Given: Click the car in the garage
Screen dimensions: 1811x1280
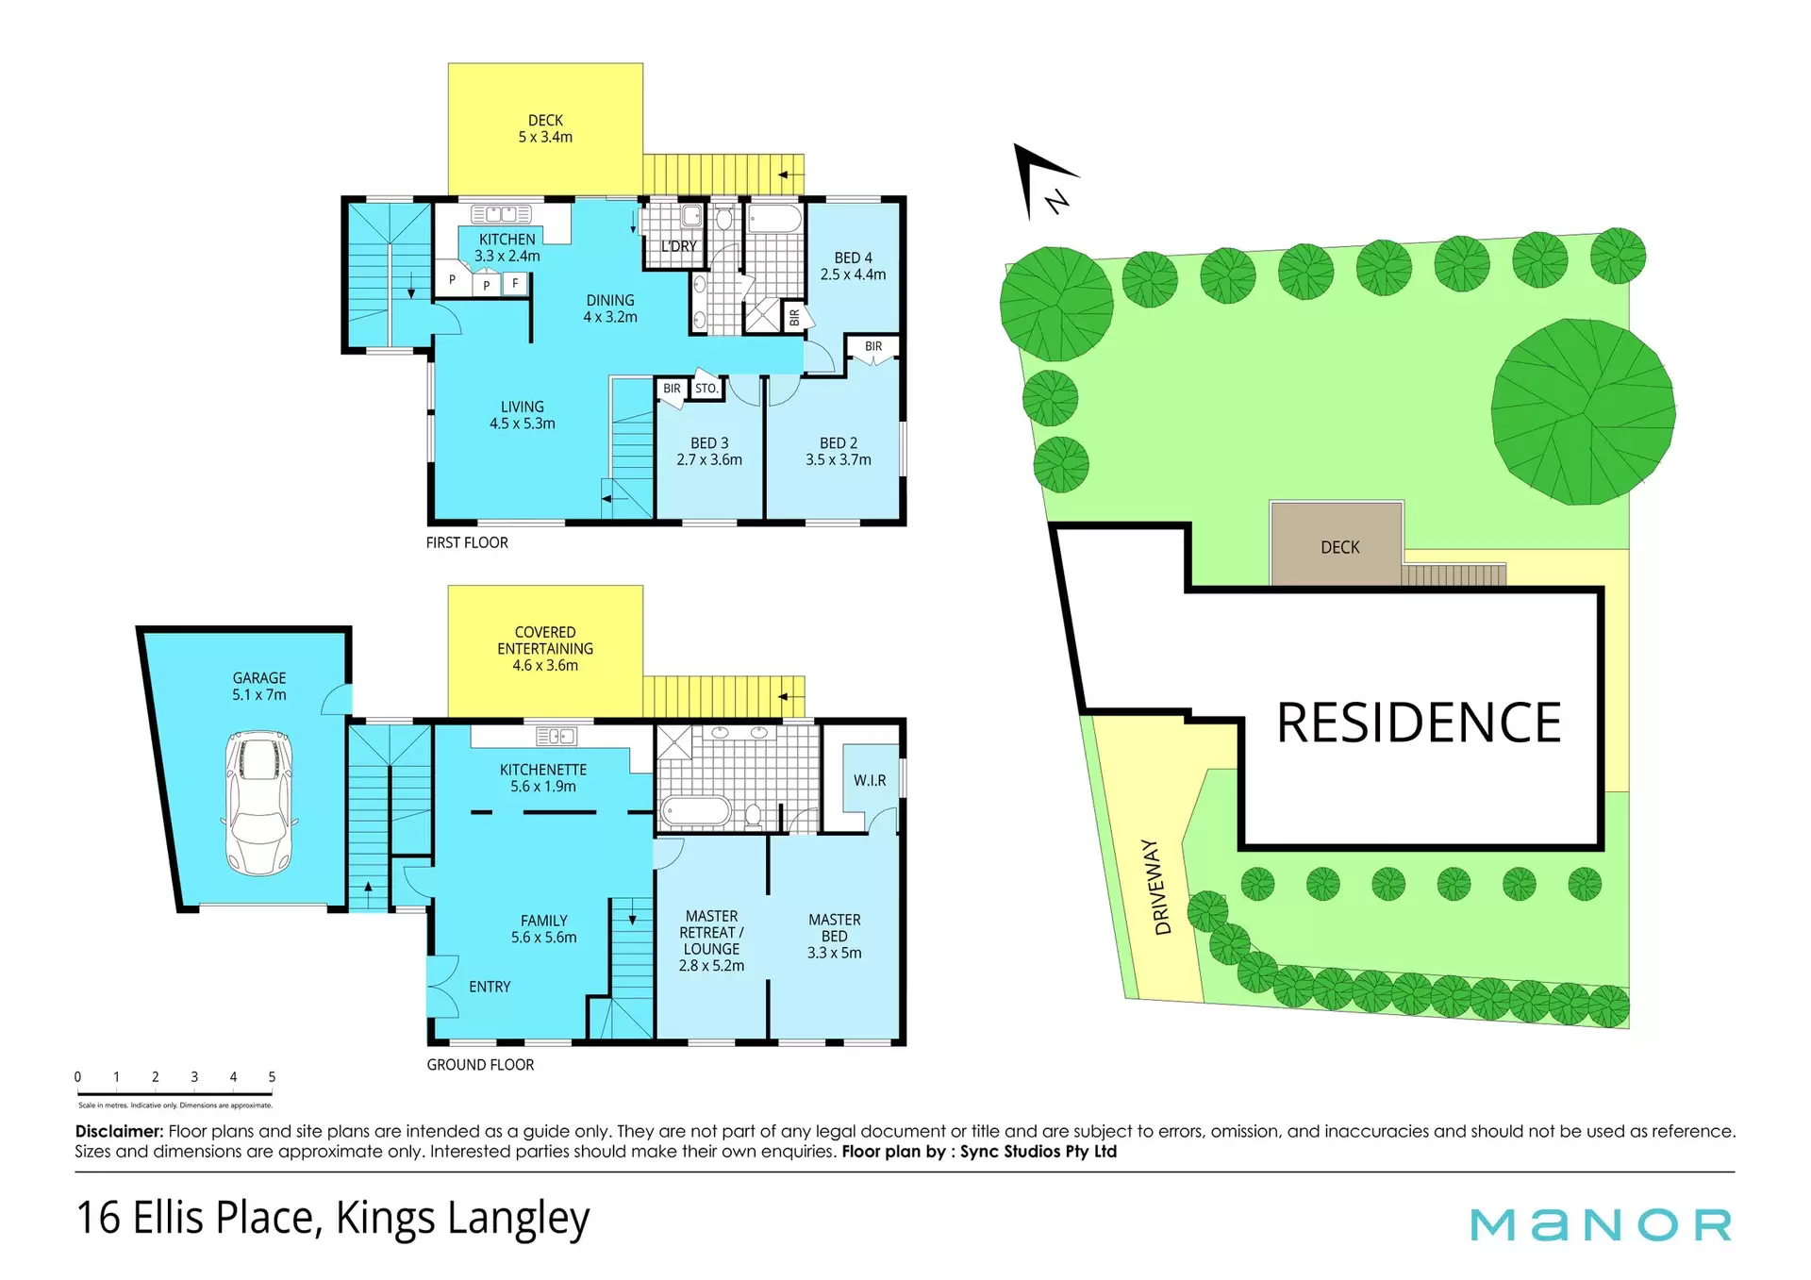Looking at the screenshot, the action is (259, 803).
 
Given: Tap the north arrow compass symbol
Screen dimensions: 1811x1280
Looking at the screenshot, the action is (1042, 179).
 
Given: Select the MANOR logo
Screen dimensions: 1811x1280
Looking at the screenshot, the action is (1602, 1225).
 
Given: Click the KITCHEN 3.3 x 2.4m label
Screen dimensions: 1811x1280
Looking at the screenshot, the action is (507, 248).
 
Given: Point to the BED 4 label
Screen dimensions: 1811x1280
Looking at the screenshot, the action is (854, 258).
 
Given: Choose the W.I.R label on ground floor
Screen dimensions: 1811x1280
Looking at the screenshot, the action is (870, 780).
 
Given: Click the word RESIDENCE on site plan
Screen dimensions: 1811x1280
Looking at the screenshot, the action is (1419, 723).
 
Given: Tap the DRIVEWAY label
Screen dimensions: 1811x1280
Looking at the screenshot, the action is (1162, 887).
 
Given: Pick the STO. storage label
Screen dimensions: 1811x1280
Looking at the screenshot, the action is (706, 389).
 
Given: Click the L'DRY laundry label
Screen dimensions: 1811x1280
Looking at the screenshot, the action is (679, 246).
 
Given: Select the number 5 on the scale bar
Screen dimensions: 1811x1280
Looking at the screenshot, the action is (272, 1077).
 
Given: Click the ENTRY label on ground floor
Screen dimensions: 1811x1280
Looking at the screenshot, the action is (490, 987).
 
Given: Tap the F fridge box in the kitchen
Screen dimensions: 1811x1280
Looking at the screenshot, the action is (515, 283).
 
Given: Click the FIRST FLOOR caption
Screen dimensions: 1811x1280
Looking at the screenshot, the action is (467, 542).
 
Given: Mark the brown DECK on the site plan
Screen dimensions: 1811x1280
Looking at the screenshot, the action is (1337, 544).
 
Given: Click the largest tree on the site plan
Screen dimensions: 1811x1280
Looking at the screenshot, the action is (1583, 412).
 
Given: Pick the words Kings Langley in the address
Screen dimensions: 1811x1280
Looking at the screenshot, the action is (462, 1218).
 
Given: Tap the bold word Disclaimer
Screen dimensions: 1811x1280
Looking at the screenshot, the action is (119, 1131).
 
